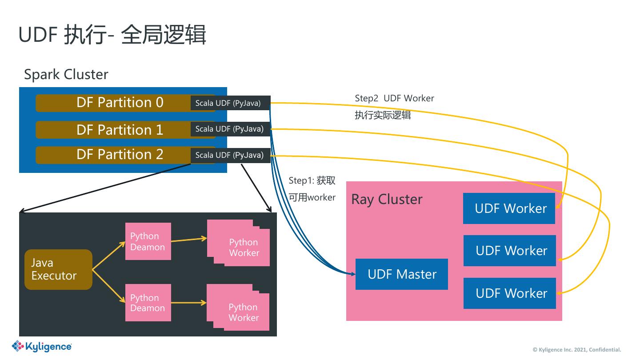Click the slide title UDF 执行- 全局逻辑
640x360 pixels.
[112, 35]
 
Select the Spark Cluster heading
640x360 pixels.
[66, 74]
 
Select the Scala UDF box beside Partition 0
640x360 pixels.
[230, 103]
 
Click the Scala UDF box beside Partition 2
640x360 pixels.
[230, 155]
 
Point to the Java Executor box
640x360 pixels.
[58, 269]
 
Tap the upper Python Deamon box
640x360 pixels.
[148, 241]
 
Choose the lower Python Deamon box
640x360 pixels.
[148, 303]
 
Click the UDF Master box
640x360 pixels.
[402, 274]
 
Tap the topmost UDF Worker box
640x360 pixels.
[509, 208]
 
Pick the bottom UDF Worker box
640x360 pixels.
[510, 293]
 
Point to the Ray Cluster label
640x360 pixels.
[387, 199]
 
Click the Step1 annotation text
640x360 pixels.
[312, 189]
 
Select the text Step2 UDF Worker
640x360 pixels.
[394, 98]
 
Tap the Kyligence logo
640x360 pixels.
[42, 346]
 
